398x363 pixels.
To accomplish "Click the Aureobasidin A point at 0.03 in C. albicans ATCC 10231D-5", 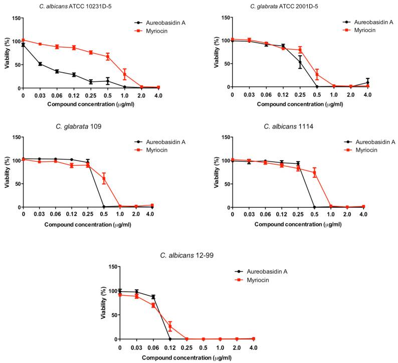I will click(x=40, y=64).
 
